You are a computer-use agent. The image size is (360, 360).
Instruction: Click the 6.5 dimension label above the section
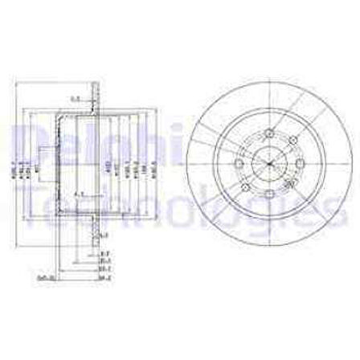(76, 99)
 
